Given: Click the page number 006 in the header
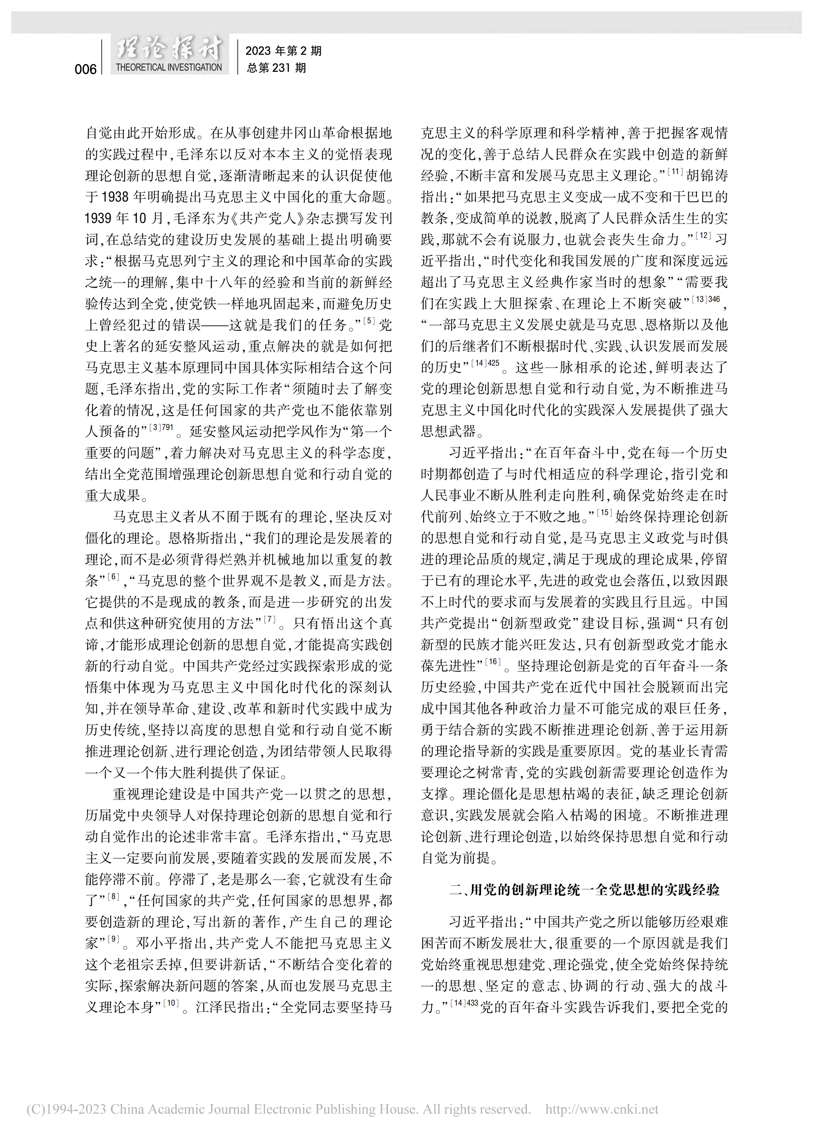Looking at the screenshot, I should pos(85,69).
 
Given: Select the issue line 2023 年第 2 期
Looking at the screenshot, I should pos(284,51).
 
